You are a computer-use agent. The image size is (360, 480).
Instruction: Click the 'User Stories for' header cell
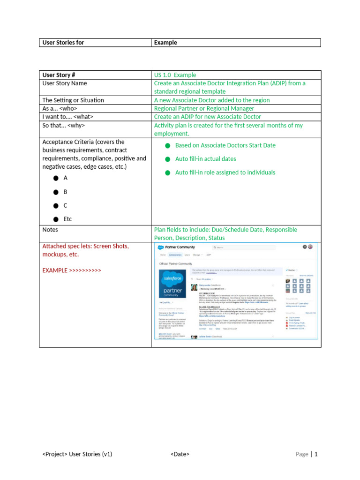click(x=63, y=43)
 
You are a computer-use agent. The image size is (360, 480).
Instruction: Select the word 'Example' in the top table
click(x=165, y=43)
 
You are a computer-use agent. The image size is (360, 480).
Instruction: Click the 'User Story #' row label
click(x=59, y=75)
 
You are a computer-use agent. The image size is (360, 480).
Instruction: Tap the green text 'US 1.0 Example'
click(x=175, y=75)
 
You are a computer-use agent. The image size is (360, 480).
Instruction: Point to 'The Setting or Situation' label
click(x=73, y=100)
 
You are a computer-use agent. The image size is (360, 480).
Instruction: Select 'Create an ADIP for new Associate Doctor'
click(x=208, y=117)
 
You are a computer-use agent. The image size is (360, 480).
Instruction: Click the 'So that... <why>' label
click(x=64, y=125)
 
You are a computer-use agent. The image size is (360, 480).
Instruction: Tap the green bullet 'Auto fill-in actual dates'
click(x=205, y=159)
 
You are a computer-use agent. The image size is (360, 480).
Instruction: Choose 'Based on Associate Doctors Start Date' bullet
click(x=225, y=145)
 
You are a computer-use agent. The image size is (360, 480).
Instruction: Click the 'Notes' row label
click(x=50, y=230)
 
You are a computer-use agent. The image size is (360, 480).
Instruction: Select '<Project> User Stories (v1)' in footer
click(x=77, y=454)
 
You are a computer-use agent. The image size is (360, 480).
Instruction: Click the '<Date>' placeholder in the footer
click(x=180, y=454)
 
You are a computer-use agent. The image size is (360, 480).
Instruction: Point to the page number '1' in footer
click(x=316, y=454)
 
